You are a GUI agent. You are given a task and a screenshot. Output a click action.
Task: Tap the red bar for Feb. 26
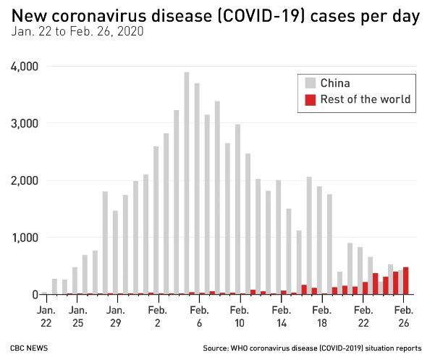[x=405, y=281]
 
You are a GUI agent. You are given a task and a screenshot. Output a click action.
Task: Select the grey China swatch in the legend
[x=310, y=83]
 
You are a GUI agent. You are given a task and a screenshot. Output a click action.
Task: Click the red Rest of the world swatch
[x=310, y=99]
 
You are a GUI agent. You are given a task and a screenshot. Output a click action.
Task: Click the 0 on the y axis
[x=34, y=294]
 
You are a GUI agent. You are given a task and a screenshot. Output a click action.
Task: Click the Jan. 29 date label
[x=115, y=314]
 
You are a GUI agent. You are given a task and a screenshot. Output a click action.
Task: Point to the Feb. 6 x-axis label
[x=195, y=314]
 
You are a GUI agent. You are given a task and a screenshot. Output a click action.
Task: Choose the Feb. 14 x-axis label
[x=277, y=314]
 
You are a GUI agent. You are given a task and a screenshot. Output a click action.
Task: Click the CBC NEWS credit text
[x=29, y=348]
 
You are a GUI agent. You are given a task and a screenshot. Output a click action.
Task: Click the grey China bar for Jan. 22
[x=44, y=293]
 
